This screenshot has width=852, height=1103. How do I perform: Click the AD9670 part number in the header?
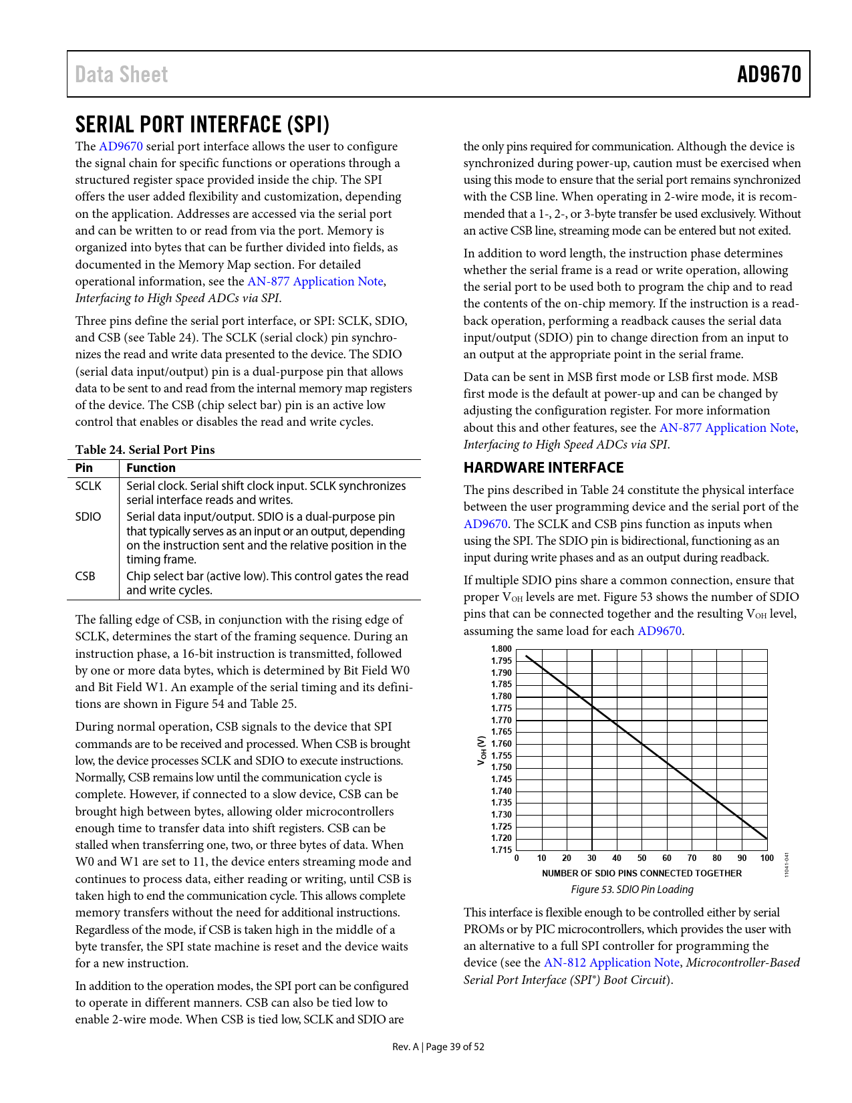pyautogui.click(x=768, y=74)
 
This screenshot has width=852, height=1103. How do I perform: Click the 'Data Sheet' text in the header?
pyautogui.click(x=122, y=74)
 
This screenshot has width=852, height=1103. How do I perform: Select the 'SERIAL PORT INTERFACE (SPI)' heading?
pyautogui.click(x=202, y=124)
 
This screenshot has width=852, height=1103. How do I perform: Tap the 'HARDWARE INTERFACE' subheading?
pyautogui.click(x=543, y=467)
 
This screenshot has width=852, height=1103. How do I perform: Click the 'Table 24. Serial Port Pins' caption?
pyautogui.click(x=145, y=450)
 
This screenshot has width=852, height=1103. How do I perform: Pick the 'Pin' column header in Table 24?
pyautogui.click(x=84, y=468)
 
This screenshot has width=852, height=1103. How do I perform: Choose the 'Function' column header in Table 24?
pyautogui.click(x=151, y=468)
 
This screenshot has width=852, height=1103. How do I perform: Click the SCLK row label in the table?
pyautogui.click(x=88, y=486)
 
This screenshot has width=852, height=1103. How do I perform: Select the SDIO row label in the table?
pyautogui.click(x=88, y=517)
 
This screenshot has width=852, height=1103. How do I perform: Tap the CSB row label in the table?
pyautogui.click(x=85, y=576)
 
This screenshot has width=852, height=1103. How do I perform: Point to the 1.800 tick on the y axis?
pyautogui.click(x=501, y=649)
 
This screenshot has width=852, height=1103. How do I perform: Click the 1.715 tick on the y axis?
pyautogui.click(x=501, y=850)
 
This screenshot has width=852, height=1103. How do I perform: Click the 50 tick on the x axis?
pyautogui.click(x=642, y=858)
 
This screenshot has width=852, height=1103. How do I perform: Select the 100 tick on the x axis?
pyautogui.click(x=766, y=858)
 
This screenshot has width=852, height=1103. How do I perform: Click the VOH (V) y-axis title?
pyautogui.click(x=481, y=751)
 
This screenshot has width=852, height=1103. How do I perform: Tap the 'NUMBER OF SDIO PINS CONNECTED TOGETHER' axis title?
pyautogui.click(x=642, y=874)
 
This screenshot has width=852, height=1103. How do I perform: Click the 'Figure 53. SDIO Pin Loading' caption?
pyautogui.click(x=631, y=890)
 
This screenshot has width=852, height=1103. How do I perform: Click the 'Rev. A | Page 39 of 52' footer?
pyautogui.click(x=438, y=1047)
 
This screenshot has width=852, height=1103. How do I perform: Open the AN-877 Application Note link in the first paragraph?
pyautogui.click(x=315, y=281)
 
